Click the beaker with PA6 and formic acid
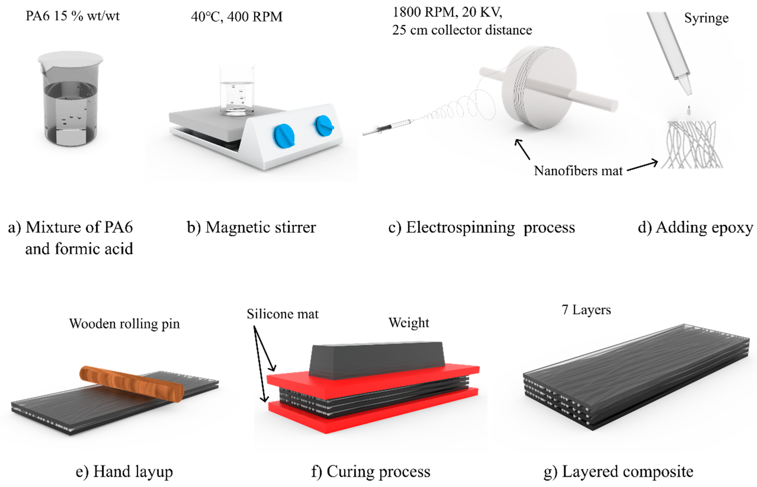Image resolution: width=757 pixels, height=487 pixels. [x=70, y=101]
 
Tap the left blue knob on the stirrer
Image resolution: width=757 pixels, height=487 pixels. [x=284, y=136]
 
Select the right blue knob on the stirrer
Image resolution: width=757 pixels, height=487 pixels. [x=324, y=126]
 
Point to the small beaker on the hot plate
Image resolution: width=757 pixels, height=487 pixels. [x=237, y=92]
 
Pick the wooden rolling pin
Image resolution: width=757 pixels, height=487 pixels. [x=131, y=384]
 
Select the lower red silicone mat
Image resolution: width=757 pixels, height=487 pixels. [x=373, y=414]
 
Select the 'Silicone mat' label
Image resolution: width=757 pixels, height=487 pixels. [x=282, y=314]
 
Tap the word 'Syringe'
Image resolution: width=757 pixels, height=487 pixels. [x=706, y=18]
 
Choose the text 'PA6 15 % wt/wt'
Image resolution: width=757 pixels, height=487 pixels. [x=73, y=16]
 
